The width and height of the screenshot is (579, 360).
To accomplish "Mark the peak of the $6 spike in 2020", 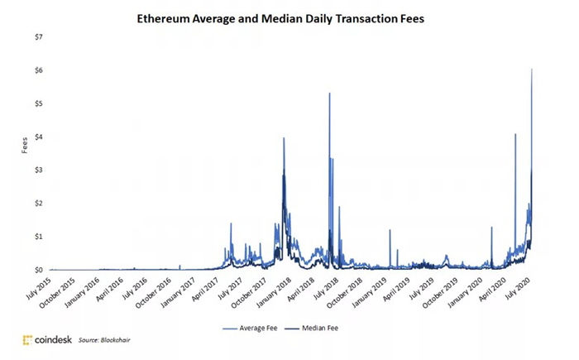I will click(x=531, y=69).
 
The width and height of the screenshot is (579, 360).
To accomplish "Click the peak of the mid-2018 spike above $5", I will click(x=330, y=94).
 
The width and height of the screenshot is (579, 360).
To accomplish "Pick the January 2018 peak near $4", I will click(x=284, y=138).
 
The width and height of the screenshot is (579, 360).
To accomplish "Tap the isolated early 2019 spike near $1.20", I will click(x=390, y=230).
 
